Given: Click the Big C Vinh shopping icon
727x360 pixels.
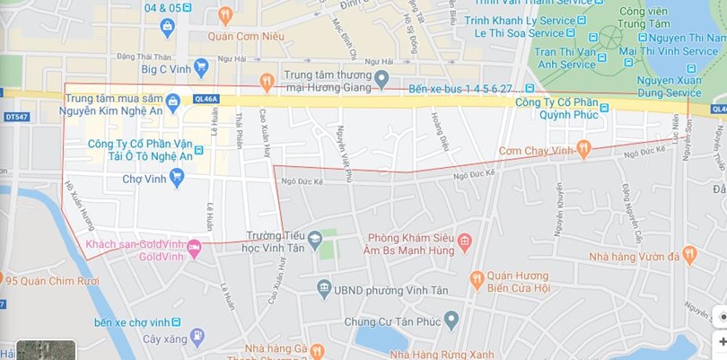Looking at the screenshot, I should click(202, 66).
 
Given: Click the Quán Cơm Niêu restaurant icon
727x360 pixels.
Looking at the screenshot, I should click(224, 14).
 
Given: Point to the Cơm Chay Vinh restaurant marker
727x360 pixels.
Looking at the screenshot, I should click(584, 149).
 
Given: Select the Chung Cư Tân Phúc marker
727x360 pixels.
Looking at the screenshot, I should click(451, 320).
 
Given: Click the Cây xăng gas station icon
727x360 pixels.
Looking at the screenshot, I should click(197, 338).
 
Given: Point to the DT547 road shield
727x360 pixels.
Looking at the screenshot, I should click(16, 117).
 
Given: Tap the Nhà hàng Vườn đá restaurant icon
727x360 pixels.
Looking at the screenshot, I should click(689, 256).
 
